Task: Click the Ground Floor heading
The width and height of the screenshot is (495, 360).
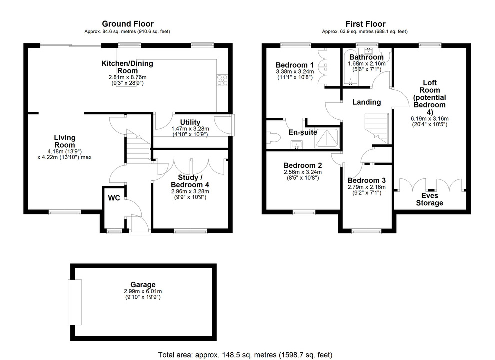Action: pyautogui.click(x=128, y=24)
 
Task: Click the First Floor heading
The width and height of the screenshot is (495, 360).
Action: pyautogui.click(x=365, y=24)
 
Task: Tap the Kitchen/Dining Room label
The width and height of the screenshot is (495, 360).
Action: pyautogui.click(x=127, y=67)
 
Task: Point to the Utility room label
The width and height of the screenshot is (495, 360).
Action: pyautogui.click(x=190, y=122)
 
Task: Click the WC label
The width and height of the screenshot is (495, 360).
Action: pyautogui.click(x=114, y=198)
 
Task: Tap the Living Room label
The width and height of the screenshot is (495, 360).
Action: pyautogui.click(x=65, y=141)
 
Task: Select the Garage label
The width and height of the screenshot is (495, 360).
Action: pyautogui.click(x=143, y=285)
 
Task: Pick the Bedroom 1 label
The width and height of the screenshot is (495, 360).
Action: pyautogui.click(x=295, y=65)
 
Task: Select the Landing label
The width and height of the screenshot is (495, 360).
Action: pyautogui.click(x=367, y=102)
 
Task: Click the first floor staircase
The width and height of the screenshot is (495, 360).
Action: pyautogui.click(x=377, y=128)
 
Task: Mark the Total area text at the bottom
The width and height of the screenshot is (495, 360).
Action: pyautogui.click(x=245, y=355)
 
